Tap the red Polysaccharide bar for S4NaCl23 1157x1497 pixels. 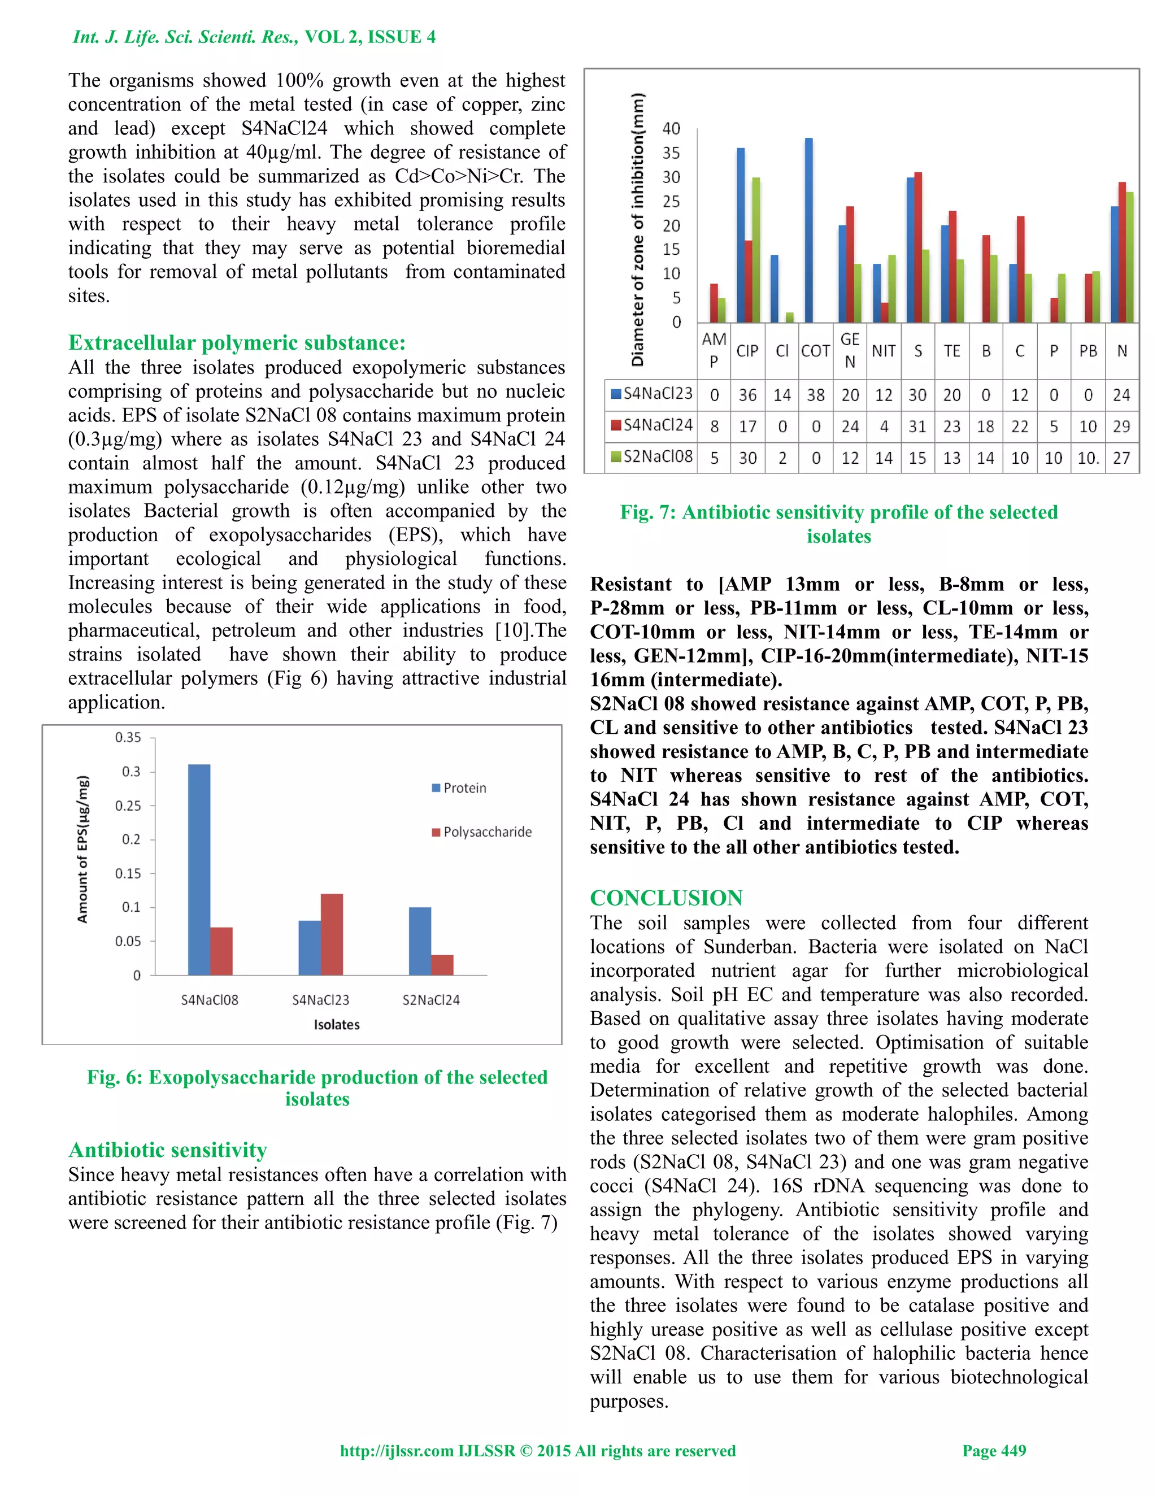click(x=332, y=934)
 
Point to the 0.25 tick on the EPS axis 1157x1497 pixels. click(x=128, y=806)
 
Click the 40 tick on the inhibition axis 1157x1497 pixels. click(x=671, y=129)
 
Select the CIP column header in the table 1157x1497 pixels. click(x=747, y=351)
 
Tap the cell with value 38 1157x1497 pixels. click(x=815, y=395)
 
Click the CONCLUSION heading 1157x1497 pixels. click(x=666, y=898)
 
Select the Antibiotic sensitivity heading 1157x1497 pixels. click(x=167, y=1150)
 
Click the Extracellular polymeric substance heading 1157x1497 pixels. click(x=237, y=343)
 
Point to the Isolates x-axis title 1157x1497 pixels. click(x=337, y=1025)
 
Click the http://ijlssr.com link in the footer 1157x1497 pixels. click(x=396, y=1450)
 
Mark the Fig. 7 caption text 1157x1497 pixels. click(x=838, y=524)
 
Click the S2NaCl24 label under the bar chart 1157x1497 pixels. click(x=430, y=1000)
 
